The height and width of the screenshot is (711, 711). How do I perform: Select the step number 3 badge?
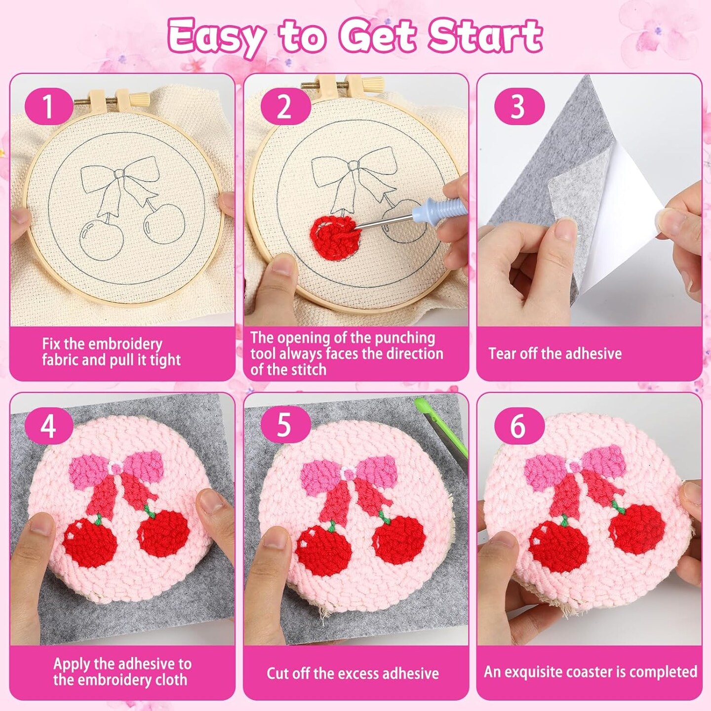click(519, 106)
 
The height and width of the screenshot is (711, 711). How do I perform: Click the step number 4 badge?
click(49, 426)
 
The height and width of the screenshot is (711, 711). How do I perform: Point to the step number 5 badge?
click(285, 426)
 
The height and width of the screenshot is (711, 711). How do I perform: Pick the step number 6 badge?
click(519, 426)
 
